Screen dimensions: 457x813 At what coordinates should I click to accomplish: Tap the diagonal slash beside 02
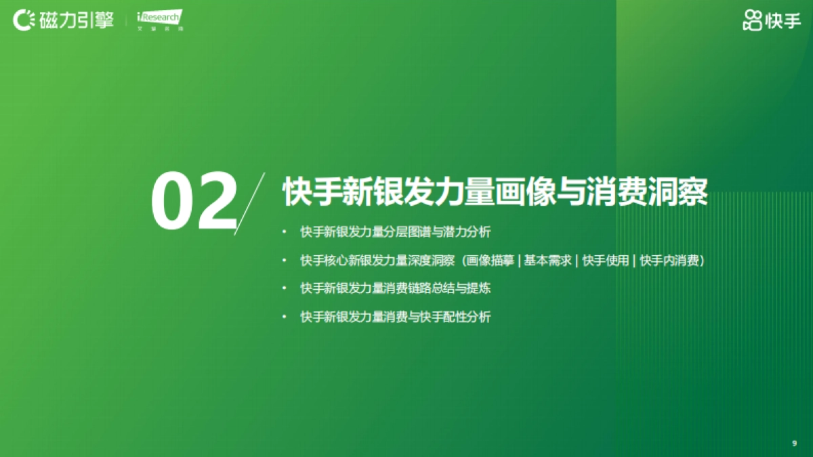[249, 203]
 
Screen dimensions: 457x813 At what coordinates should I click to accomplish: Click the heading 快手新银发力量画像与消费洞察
[495, 192]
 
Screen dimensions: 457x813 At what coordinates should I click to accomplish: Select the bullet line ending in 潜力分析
[396, 232]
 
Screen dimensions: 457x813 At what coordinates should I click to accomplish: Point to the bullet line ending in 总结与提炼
[396, 288]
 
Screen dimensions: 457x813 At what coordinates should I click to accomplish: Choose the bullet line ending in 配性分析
[396, 317]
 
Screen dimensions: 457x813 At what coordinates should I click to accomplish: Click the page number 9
[794, 443]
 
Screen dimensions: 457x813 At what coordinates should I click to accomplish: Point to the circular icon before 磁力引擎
[24, 20]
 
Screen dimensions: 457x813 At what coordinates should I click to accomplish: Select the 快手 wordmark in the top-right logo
[783, 21]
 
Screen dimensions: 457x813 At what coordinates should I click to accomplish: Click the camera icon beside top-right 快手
[752, 21]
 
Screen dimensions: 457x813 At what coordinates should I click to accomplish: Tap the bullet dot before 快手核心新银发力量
[285, 261]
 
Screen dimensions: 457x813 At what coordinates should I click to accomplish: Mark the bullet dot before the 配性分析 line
[285, 317]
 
